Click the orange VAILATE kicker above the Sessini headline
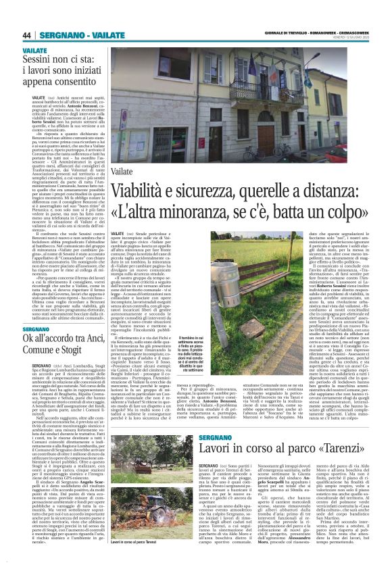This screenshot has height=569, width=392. tap(34, 51)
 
